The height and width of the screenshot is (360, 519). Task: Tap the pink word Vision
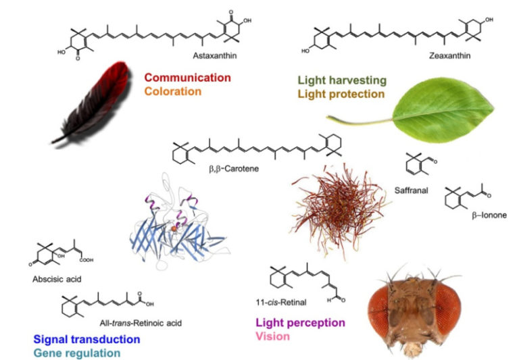[x=273, y=336]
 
